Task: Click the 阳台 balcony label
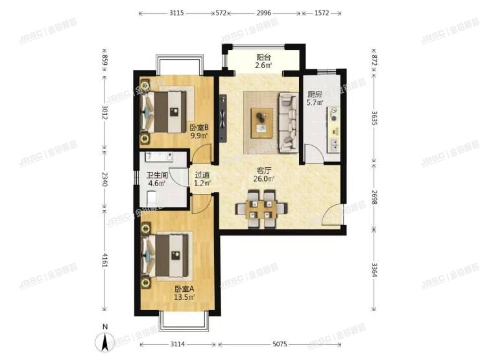pyautogui.click(x=263, y=60)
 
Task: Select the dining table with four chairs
pyautogui.click(x=261, y=208)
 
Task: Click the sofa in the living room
pyautogui.click(x=287, y=122)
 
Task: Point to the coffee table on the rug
pyautogui.click(x=261, y=121)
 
